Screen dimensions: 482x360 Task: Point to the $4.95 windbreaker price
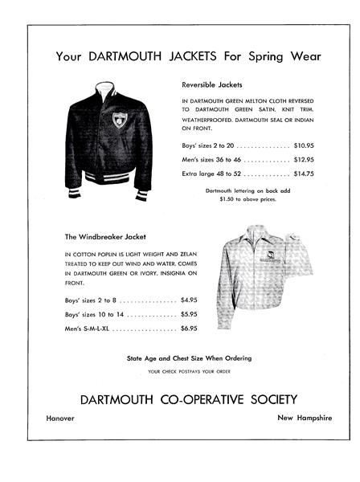point(189,300)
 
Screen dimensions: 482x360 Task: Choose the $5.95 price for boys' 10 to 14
point(189,314)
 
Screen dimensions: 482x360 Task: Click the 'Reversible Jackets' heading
point(211,84)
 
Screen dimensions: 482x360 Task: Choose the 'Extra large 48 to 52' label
point(212,173)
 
